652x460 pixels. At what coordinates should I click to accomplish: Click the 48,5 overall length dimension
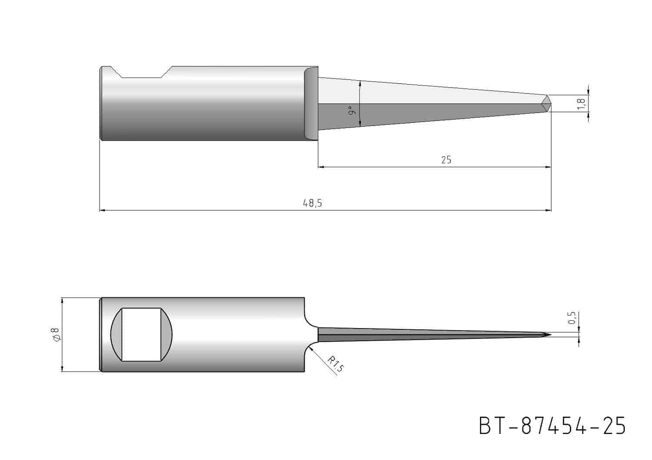[x=313, y=203]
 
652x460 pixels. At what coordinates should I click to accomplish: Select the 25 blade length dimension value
[x=446, y=160]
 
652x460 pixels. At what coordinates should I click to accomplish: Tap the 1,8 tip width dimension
[x=581, y=104]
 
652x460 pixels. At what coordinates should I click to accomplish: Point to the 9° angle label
[x=352, y=110]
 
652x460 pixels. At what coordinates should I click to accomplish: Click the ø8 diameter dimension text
[x=55, y=335]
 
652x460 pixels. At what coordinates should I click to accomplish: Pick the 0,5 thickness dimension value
[x=572, y=318]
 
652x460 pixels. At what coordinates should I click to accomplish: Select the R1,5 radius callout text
[x=336, y=364]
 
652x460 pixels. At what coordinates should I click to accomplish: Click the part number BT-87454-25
[x=552, y=426]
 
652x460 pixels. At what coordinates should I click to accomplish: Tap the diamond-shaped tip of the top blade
[x=546, y=103]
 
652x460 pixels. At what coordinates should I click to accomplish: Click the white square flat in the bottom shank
[x=141, y=335]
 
